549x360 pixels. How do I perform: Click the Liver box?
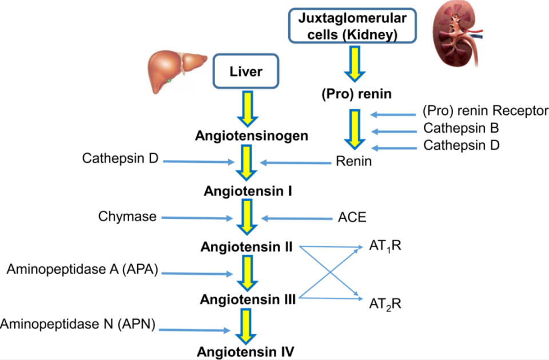click(245, 72)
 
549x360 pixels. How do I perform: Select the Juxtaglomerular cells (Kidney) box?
click(352, 26)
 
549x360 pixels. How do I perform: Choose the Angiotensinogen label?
click(252, 136)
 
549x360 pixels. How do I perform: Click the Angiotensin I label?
click(248, 191)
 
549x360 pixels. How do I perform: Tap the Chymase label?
click(127, 217)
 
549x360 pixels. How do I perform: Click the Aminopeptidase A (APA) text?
click(82, 270)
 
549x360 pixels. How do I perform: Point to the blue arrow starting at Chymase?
click(197, 218)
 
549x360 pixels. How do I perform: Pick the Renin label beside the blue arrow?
click(354, 162)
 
